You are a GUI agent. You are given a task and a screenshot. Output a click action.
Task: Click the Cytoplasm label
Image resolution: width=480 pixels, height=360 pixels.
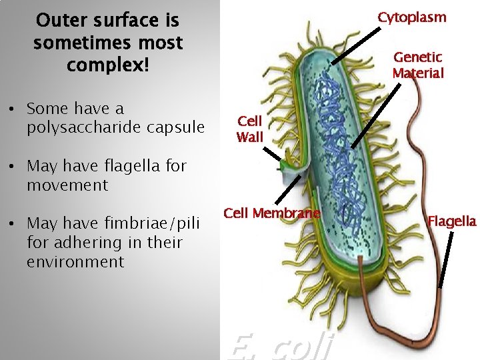click(x=412, y=17)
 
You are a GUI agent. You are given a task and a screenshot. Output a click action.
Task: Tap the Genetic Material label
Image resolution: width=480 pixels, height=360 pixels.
click(x=418, y=65)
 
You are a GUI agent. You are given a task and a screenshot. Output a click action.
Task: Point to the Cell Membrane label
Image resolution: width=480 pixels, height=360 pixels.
click(x=272, y=213)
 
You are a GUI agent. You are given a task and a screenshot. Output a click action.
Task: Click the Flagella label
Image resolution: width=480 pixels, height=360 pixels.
click(x=452, y=221)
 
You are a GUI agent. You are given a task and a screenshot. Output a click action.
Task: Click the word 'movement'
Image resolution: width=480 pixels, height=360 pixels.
click(x=67, y=185)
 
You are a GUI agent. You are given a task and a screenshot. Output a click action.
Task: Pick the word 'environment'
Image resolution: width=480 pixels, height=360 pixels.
click(x=75, y=261)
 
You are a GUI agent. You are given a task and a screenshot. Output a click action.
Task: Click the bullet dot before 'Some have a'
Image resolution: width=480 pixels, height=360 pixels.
click(x=13, y=109)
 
